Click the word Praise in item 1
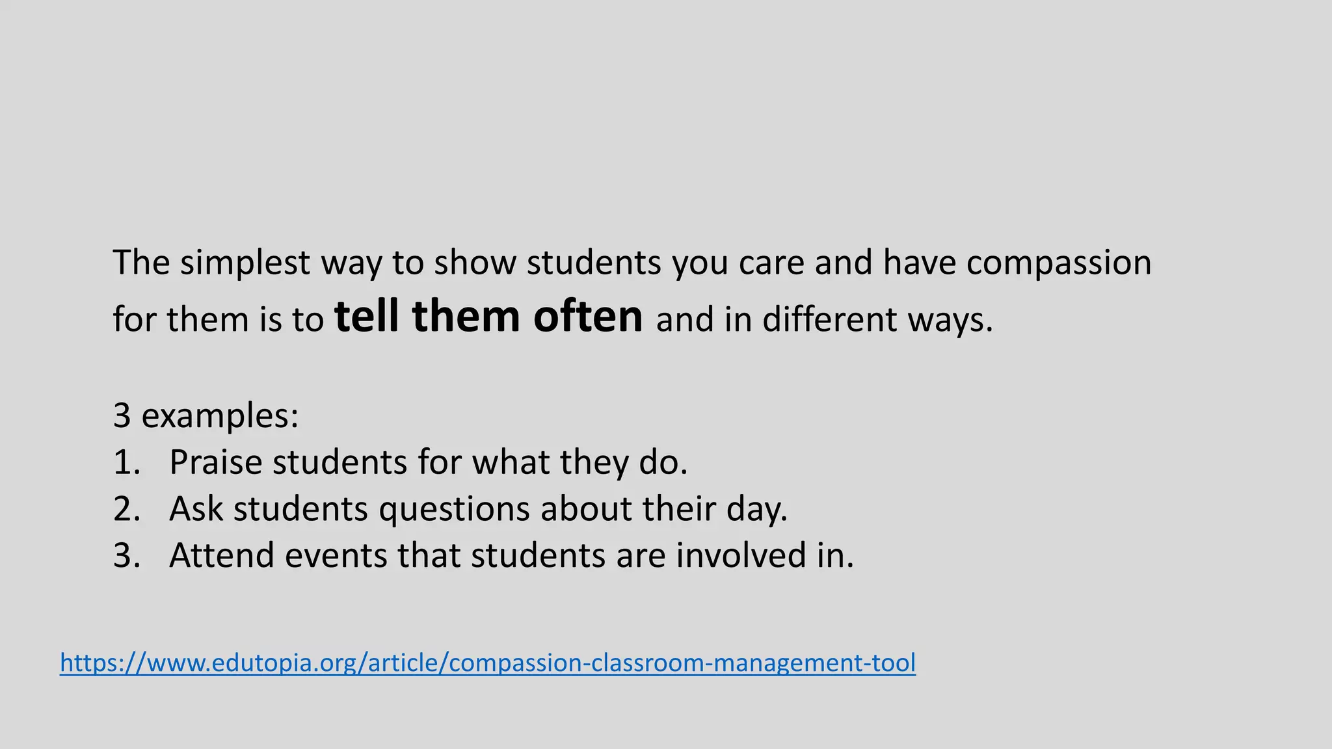pos(215,462)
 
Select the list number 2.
pos(126,508)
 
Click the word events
pos(336,555)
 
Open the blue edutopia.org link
pos(488,663)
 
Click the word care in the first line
pos(771,263)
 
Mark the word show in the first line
pos(475,263)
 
